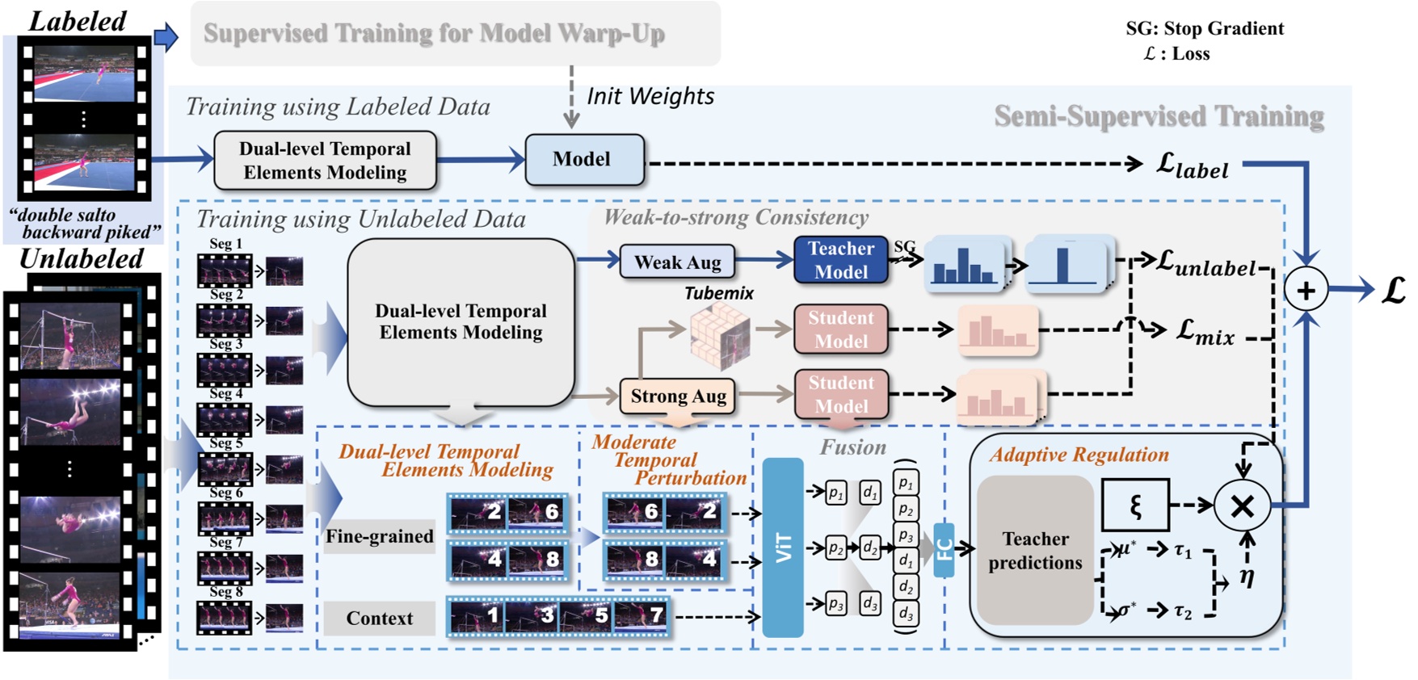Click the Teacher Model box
(840, 259)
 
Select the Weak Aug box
(677, 262)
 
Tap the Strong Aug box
(678, 396)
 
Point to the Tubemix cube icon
(719, 334)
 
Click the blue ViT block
(783, 548)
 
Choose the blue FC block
(944, 549)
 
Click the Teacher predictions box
(1035, 550)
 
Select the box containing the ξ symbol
(1135, 506)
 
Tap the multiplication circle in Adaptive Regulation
(1242, 506)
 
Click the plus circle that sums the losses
(1306, 291)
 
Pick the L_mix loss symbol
(1205, 331)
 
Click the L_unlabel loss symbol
(1206, 262)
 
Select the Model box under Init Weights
(584, 160)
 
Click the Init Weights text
(650, 96)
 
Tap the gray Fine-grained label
(379, 536)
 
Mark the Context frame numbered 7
(642, 616)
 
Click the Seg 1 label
(225, 243)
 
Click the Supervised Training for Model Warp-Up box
(455, 33)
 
